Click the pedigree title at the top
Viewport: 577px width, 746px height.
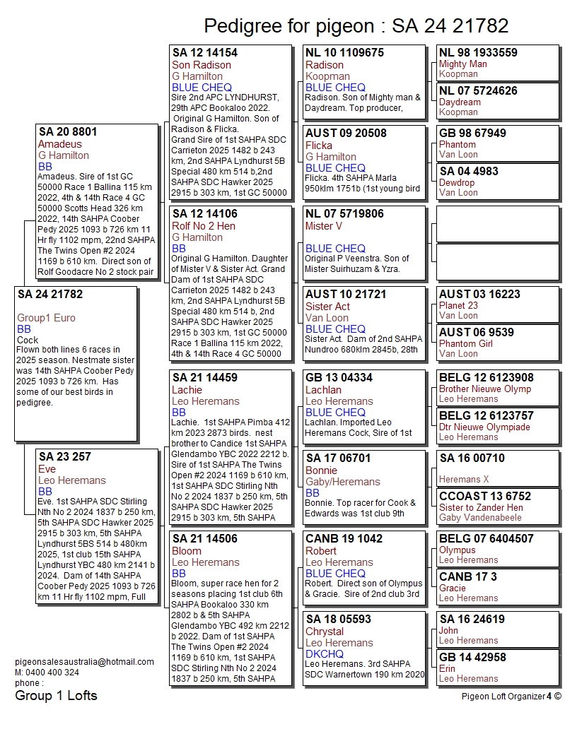pos(356,26)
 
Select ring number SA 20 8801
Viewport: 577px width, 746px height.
pos(68,132)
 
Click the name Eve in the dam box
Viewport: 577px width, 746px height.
pos(47,469)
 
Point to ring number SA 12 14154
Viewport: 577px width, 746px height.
pos(205,53)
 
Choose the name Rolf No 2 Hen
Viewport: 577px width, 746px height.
pos(204,226)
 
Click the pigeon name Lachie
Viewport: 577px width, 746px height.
pos(187,390)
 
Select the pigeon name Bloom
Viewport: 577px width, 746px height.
pos(187,551)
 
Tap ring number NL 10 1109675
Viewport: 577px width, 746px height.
pos(344,53)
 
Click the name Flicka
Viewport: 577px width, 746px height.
pos(319,146)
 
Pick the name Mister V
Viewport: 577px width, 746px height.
pos(324,226)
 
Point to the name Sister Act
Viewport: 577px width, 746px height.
pos(327,307)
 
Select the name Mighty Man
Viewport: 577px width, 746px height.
pos(463,64)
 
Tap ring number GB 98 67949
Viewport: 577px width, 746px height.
pos(472,134)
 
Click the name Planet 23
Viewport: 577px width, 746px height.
pos(458,306)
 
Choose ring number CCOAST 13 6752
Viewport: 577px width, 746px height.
pos(485,497)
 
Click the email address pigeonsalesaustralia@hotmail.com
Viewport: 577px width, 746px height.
pos(84,662)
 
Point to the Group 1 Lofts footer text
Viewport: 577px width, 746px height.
pos(56,696)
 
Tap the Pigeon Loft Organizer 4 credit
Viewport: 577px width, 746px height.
pos(511,696)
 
